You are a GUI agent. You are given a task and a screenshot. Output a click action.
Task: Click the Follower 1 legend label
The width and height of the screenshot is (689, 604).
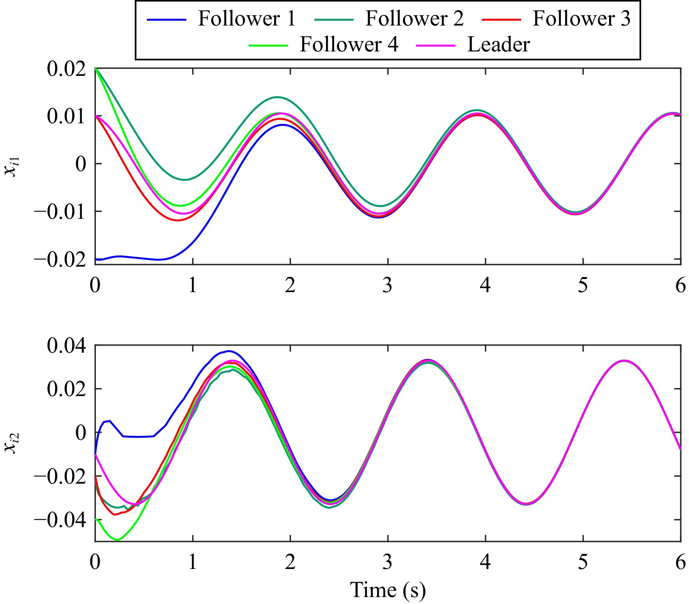[246, 19]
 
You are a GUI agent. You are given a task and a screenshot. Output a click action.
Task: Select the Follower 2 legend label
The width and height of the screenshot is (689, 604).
[414, 19]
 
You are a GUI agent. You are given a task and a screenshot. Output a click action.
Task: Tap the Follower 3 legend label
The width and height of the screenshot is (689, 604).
[581, 19]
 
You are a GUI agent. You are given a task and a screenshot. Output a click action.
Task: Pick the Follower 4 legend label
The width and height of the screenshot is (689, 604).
[349, 45]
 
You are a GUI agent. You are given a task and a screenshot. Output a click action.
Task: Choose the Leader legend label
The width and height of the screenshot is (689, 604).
[498, 45]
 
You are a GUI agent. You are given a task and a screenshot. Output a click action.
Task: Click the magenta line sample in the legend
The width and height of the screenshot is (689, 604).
[436, 46]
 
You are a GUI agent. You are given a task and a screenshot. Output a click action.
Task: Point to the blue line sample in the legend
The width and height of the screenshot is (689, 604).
[166, 19]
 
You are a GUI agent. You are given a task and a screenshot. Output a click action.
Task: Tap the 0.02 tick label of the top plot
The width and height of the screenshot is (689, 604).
[66, 69]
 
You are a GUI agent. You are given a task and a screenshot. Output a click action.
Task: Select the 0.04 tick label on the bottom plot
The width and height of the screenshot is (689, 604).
[66, 346]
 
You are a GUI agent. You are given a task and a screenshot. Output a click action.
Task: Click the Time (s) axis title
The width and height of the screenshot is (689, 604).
[388, 590]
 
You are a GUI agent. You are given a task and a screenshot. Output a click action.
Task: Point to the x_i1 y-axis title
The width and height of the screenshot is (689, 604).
[12, 166]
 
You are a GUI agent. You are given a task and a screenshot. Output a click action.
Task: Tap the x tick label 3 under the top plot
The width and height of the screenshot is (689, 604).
[388, 285]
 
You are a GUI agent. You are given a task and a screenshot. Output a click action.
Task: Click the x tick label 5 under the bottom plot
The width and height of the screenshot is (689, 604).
[583, 562]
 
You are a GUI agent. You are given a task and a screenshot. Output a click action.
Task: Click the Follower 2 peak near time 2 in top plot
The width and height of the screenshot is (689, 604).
[277, 97]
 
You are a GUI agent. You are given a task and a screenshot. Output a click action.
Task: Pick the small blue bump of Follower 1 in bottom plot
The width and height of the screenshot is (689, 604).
[109, 421]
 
